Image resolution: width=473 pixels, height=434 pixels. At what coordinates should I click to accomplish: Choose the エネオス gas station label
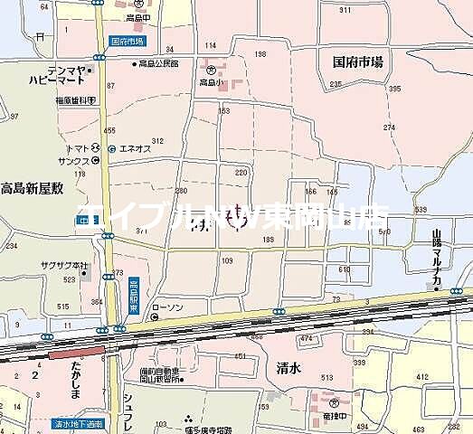pos(134,149)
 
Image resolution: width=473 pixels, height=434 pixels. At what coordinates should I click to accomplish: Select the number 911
pos(344,10)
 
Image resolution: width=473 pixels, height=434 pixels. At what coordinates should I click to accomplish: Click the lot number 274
pos(389,127)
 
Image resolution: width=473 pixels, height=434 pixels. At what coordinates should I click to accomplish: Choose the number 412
pos(421,376)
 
